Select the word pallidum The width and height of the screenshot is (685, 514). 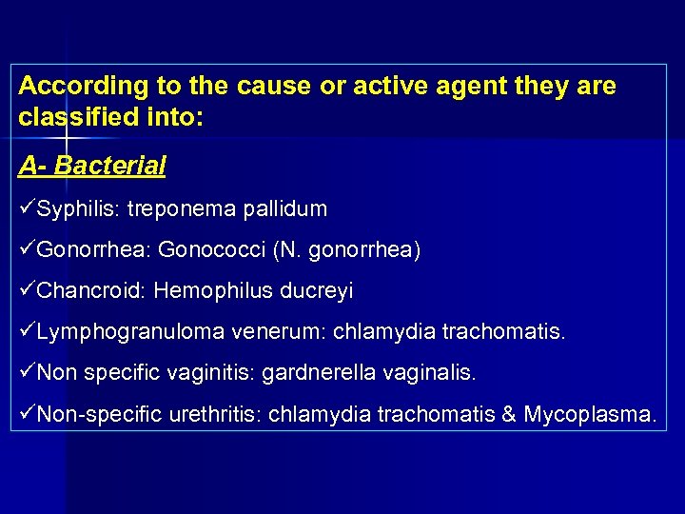(x=284, y=208)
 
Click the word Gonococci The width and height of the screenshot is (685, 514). (x=211, y=249)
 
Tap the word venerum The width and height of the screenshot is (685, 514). (x=265, y=332)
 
